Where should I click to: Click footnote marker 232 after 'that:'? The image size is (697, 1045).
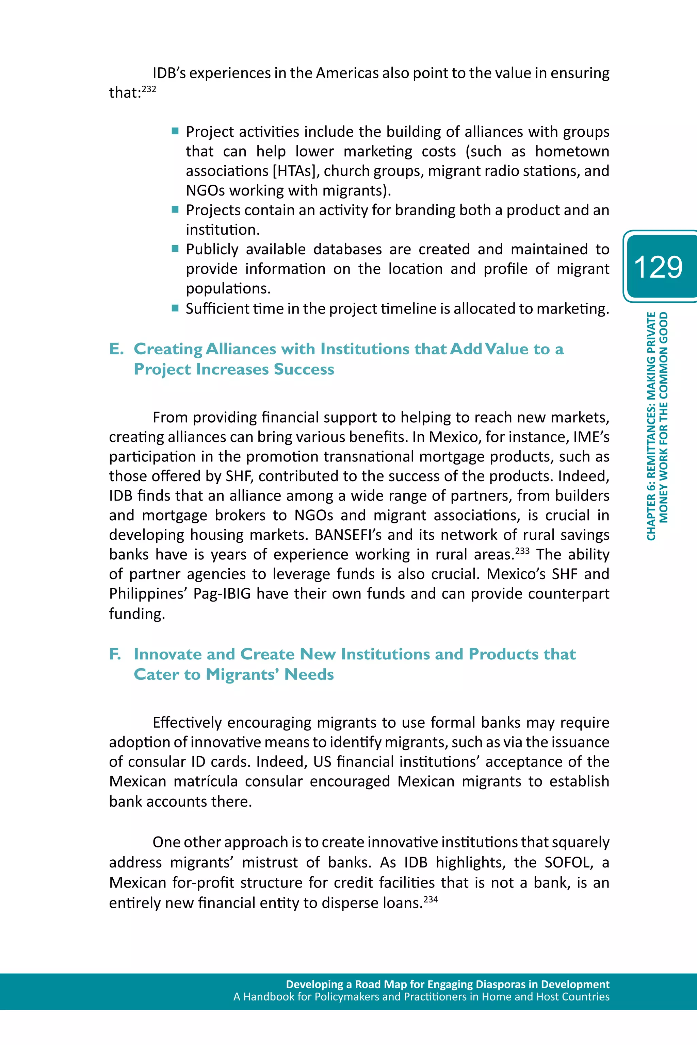[x=149, y=89]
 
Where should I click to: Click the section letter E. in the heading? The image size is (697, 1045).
[x=116, y=349]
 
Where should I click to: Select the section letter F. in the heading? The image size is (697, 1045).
[x=115, y=654]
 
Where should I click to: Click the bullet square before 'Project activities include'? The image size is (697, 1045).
[x=175, y=131]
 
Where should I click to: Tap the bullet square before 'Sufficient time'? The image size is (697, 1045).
[x=175, y=308]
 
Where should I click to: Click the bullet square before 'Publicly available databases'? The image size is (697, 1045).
[x=175, y=248]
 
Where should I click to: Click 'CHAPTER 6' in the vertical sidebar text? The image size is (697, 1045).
[x=651, y=515]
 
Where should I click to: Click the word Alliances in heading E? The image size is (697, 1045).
[x=241, y=349]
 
